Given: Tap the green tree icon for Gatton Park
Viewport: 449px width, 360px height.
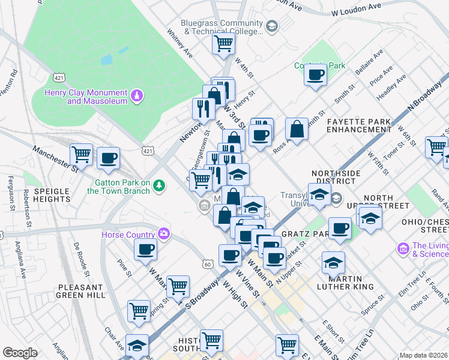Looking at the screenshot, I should (159, 185).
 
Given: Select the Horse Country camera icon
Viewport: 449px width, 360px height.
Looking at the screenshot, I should (163, 233).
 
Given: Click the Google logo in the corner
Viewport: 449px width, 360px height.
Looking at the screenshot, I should (20, 353).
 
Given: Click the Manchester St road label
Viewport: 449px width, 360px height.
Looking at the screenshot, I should (56, 158).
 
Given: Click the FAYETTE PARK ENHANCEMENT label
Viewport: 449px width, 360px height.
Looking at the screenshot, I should (359, 125).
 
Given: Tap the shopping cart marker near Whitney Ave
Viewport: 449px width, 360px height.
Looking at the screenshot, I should (223, 43).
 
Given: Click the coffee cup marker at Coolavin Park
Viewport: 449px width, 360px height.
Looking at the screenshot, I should (315, 75).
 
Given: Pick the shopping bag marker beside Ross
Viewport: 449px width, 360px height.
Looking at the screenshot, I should (297, 128).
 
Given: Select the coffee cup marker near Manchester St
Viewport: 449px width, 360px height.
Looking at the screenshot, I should (108, 158).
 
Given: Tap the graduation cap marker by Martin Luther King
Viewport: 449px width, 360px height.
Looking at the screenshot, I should (333, 262).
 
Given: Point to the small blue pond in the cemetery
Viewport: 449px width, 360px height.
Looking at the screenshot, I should (106, 60).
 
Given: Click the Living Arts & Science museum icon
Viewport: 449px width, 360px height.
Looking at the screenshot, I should (403, 247).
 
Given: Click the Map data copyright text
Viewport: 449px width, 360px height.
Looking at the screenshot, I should (424, 355).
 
